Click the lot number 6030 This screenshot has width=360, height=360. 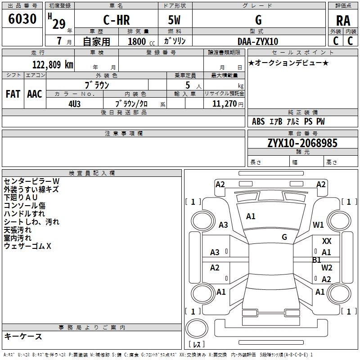point(22,18)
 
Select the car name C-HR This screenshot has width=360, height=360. point(117,20)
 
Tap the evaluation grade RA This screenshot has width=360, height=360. point(343,21)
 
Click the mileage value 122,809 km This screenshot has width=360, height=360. point(53,64)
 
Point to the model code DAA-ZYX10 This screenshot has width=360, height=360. point(257,41)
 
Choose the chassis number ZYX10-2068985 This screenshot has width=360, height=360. point(302,143)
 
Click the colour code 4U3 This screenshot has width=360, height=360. point(74,104)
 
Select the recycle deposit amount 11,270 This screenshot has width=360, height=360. point(224,103)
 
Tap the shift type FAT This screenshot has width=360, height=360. point(13,94)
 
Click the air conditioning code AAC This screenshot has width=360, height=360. point(35,94)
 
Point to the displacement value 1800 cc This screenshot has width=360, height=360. point(141,41)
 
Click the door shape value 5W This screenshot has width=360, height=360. point(174,20)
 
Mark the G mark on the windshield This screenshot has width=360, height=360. point(284,237)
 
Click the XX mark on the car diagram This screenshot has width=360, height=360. point(327,241)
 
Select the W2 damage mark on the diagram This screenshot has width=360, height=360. point(327,267)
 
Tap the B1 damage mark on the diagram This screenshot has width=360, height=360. point(317,260)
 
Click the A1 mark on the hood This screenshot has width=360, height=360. point(251,216)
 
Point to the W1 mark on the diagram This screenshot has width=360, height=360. point(318,225)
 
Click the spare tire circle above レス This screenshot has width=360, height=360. point(197,328)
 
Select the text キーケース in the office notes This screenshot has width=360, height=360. point(23,336)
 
